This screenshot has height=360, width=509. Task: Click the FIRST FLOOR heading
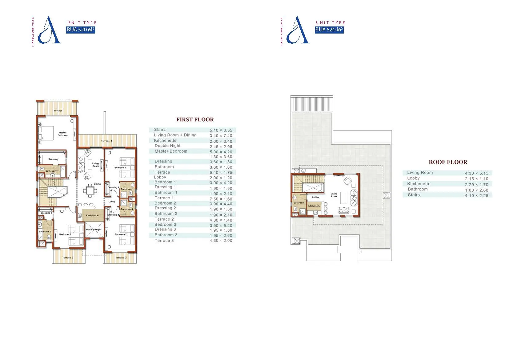click(195, 119)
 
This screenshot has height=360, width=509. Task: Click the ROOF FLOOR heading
click(448, 162)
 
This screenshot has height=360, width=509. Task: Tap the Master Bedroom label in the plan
click(62, 134)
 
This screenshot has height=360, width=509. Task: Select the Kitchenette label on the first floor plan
click(92, 215)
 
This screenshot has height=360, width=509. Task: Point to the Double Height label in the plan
click(94, 230)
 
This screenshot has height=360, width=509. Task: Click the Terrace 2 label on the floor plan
click(121, 258)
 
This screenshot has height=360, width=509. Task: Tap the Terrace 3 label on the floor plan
click(68, 258)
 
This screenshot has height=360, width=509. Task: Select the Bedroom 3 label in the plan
click(65, 234)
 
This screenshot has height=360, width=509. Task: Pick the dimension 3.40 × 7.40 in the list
click(221, 136)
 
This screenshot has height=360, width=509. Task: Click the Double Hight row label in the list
click(168, 146)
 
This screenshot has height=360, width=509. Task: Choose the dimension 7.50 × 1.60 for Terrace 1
click(221, 199)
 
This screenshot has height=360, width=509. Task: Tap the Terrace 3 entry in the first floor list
click(164, 241)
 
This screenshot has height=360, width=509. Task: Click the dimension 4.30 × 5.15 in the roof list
click(476, 173)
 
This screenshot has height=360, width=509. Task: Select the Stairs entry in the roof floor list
click(414, 195)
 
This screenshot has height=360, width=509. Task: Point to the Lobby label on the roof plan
click(315, 197)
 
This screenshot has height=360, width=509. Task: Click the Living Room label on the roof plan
click(334, 195)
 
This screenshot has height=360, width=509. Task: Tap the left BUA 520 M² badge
click(80, 30)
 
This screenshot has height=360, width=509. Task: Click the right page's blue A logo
click(298, 31)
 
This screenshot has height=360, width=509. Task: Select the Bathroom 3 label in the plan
click(45, 232)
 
